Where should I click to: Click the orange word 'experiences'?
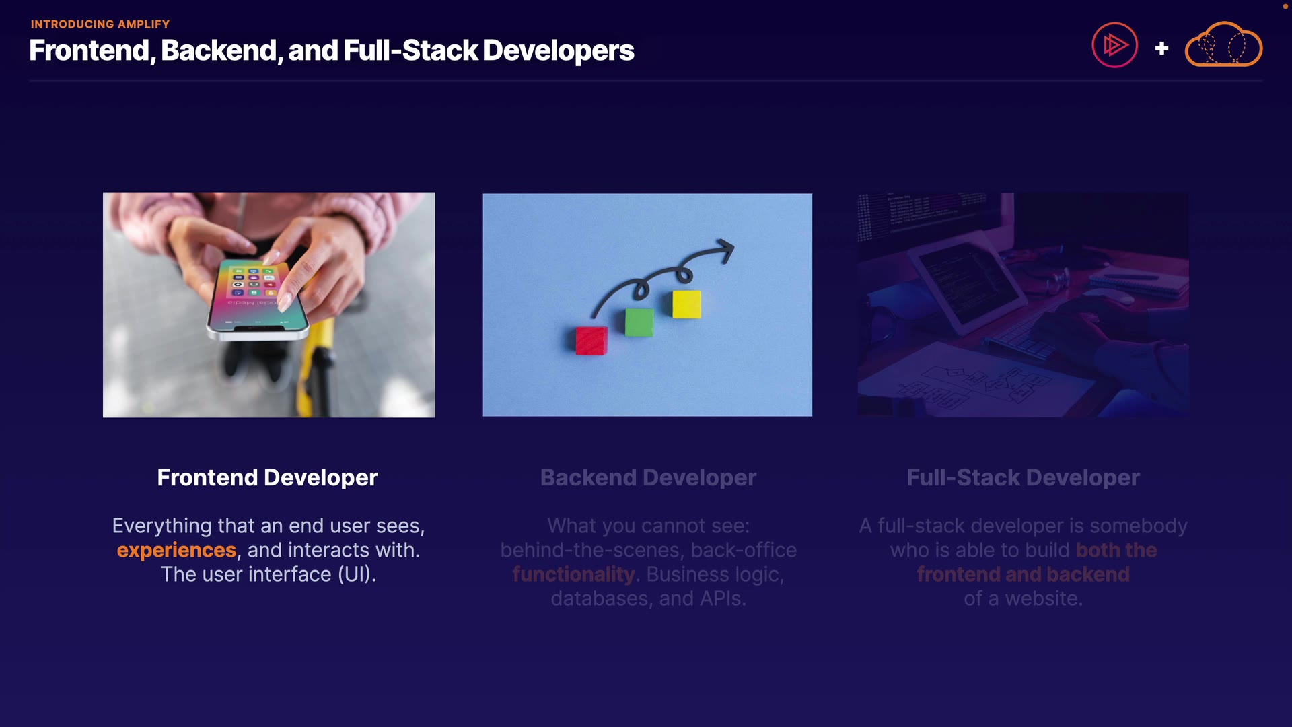[x=176, y=551]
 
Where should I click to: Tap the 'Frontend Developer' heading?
[x=267, y=477]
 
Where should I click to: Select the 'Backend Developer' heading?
[x=648, y=477]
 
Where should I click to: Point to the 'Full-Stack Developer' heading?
[x=1023, y=477]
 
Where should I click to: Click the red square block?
[x=591, y=341]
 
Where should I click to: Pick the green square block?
[x=639, y=322]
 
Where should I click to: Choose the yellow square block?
[x=686, y=304]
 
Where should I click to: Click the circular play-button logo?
[x=1114, y=45]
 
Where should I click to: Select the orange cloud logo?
[x=1223, y=44]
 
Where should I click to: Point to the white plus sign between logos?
[x=1161, y=48]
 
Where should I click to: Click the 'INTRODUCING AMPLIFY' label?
[x=100, y=24]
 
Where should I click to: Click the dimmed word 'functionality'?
[x=573, y=575]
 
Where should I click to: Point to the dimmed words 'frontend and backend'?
[x=1023, y=575]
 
